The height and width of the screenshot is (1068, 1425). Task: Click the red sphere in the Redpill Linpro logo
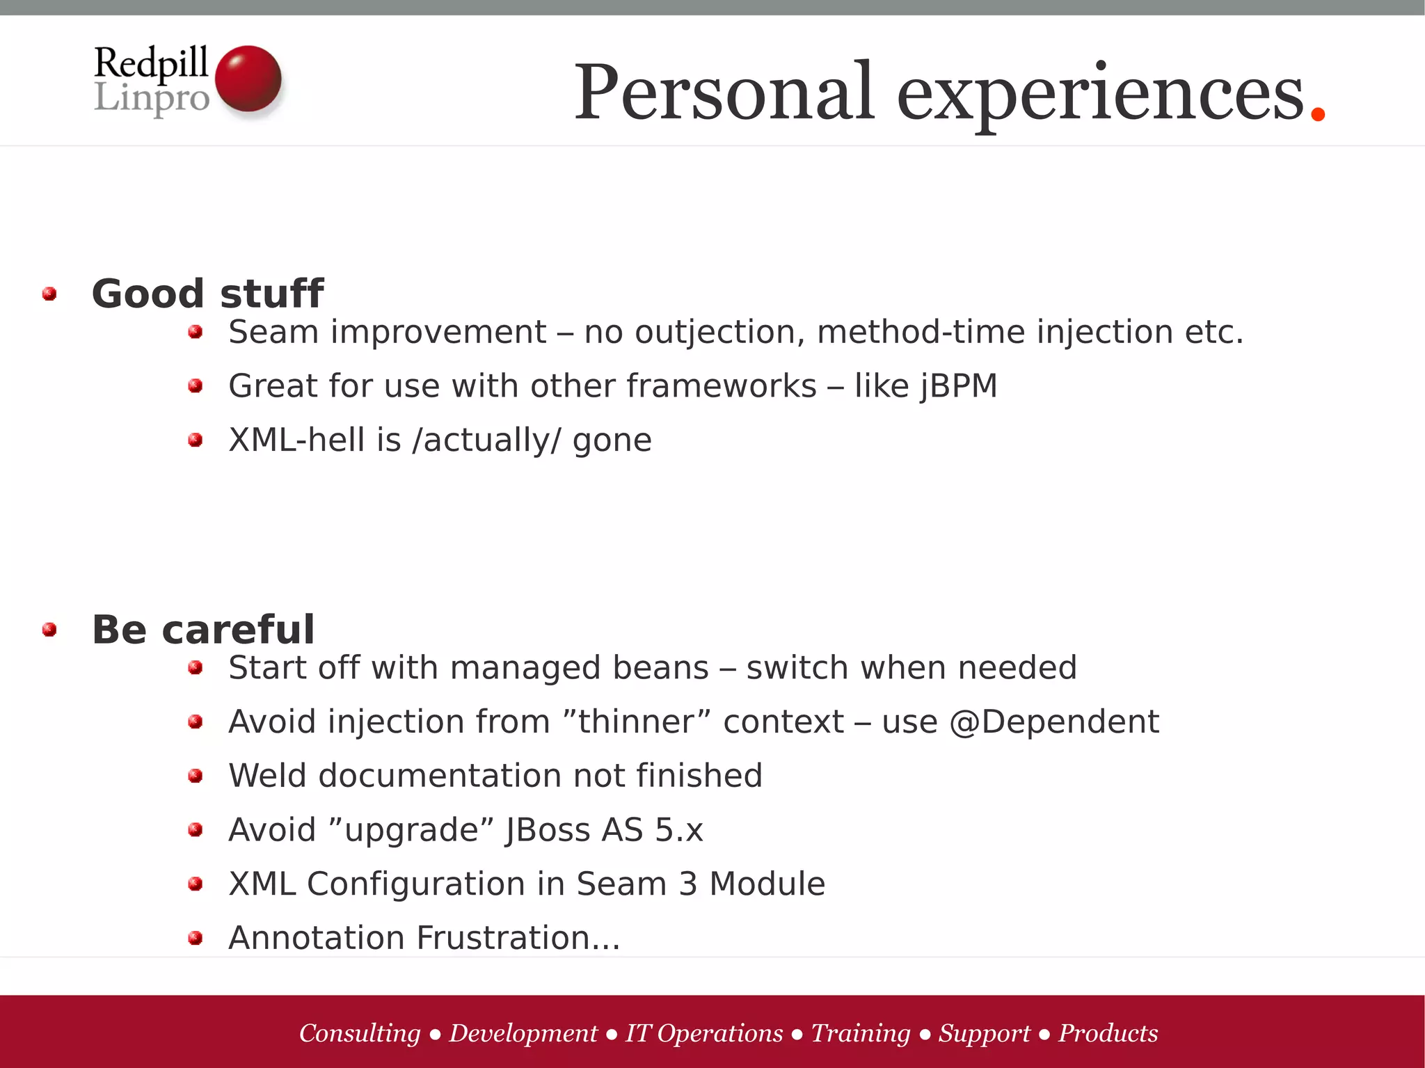248,79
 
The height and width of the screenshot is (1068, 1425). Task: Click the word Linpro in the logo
152,98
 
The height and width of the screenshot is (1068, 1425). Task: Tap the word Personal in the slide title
724,93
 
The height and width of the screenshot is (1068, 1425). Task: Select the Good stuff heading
207,294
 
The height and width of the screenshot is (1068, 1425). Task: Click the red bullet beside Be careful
49,630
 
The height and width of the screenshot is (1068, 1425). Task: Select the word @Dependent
1053,722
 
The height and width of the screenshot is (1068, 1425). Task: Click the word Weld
267,776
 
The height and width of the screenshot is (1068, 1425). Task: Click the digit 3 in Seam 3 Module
687,884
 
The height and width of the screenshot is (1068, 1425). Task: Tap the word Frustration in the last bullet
507,938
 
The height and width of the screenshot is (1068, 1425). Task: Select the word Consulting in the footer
360,1033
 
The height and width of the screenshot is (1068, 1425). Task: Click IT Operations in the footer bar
703,1033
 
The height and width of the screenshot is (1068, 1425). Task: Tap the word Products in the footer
1108,1033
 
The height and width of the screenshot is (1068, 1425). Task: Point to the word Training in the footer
860,1033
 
